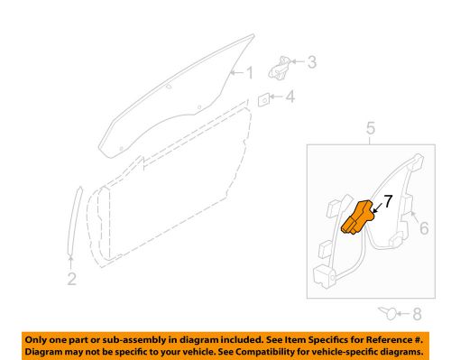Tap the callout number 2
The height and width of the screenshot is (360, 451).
click(x=71, y=279)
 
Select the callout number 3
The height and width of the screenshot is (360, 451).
click(x=312, y=62)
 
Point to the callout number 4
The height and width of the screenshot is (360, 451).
click(x=290, y=97)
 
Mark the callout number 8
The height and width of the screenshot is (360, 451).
click(x=416, y=315)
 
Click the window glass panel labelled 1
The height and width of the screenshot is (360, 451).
click(x=171, y=99)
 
